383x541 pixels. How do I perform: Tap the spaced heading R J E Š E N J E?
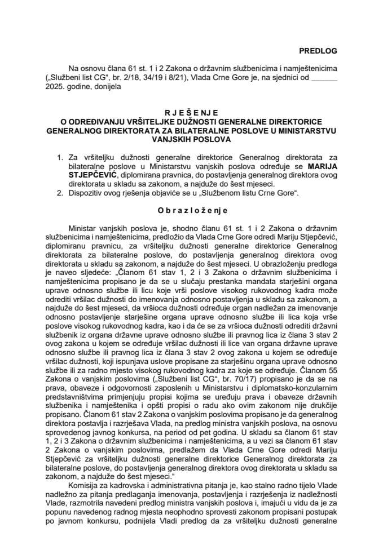191,112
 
